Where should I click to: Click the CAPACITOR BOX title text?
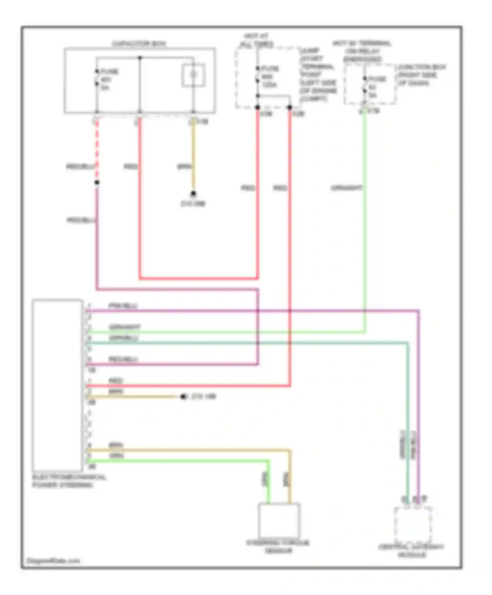(x=139, y=44)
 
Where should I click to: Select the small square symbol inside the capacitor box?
(x=194, y=75)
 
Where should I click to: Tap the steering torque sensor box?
(x=279, y=520)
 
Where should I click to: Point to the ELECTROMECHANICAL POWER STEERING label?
(x=69, y=481)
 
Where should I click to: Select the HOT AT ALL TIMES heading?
(x=256, y=40)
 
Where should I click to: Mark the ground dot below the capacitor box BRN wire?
(x=193, y=194)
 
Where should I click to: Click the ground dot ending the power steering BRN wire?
(x=183, y=397)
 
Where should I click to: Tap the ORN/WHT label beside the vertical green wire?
(x=346, y=188)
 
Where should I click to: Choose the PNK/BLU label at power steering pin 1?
(x=123, y=306)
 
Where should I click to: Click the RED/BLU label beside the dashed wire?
(x=81, y=167)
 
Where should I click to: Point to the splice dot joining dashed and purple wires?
(x=97, y=182)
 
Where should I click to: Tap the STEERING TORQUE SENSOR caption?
(x=278, y=547)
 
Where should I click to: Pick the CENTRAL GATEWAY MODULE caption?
(x=411, y=551)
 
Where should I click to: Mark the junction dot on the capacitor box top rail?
(x=140, y=58)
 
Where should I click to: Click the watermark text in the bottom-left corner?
(x=53, y=561)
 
